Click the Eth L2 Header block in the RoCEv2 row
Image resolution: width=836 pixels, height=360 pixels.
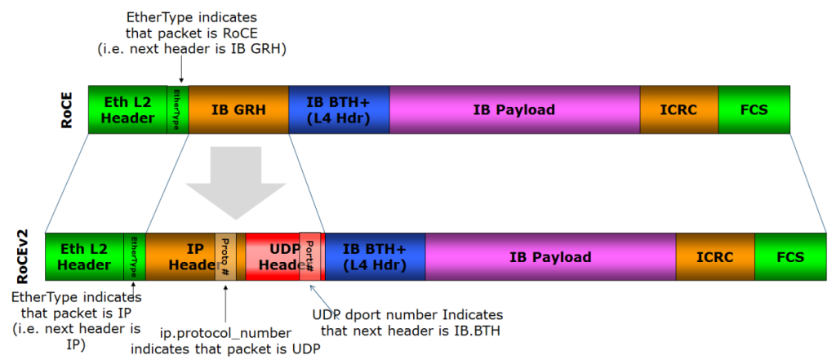(84, 257)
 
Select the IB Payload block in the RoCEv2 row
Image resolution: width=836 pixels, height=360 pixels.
(550, 257)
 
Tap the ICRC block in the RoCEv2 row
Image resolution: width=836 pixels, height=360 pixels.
(714, 257)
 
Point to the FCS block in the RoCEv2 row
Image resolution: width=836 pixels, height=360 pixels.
(789, 257)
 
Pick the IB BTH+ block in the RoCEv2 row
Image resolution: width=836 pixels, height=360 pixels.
(375, 257)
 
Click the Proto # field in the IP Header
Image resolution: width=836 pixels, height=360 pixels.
(225, 257)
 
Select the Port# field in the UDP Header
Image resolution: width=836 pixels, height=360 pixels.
(309, 257)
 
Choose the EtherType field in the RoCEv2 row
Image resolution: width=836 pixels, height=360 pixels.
(134, 257)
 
